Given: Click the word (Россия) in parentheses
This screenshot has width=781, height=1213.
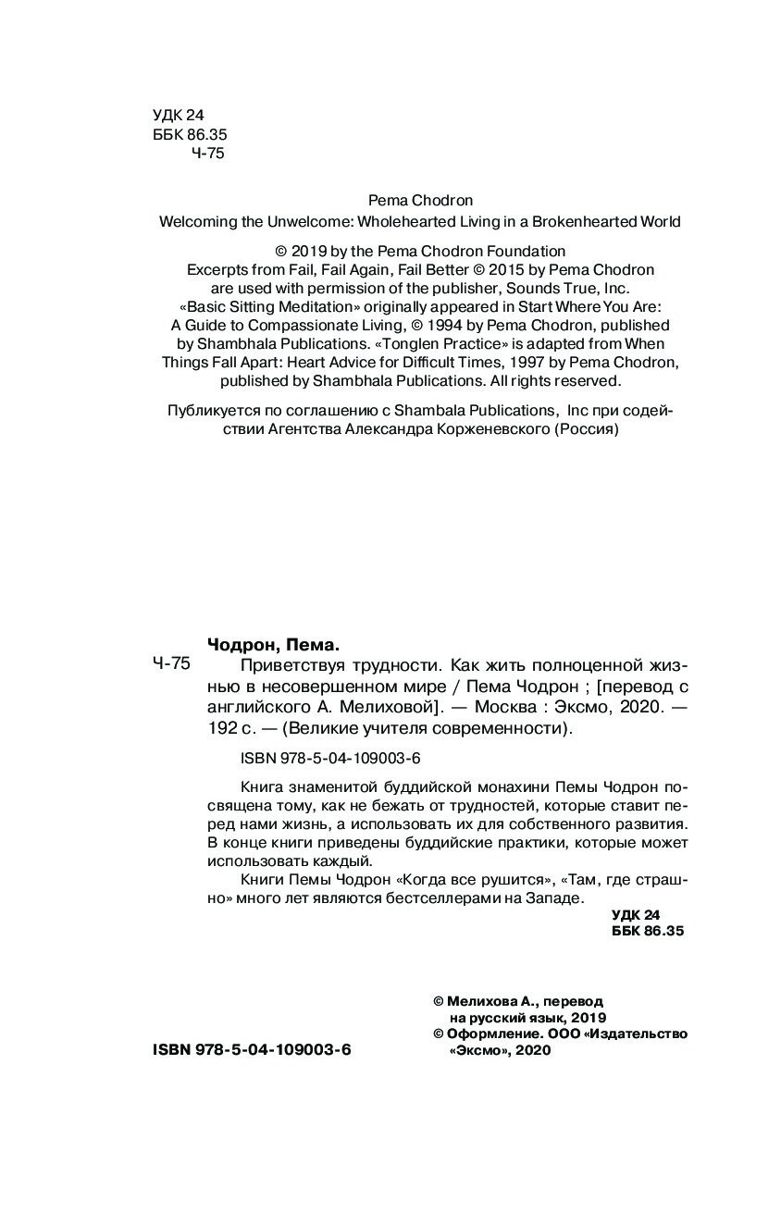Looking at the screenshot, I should click(x=586, y=429).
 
